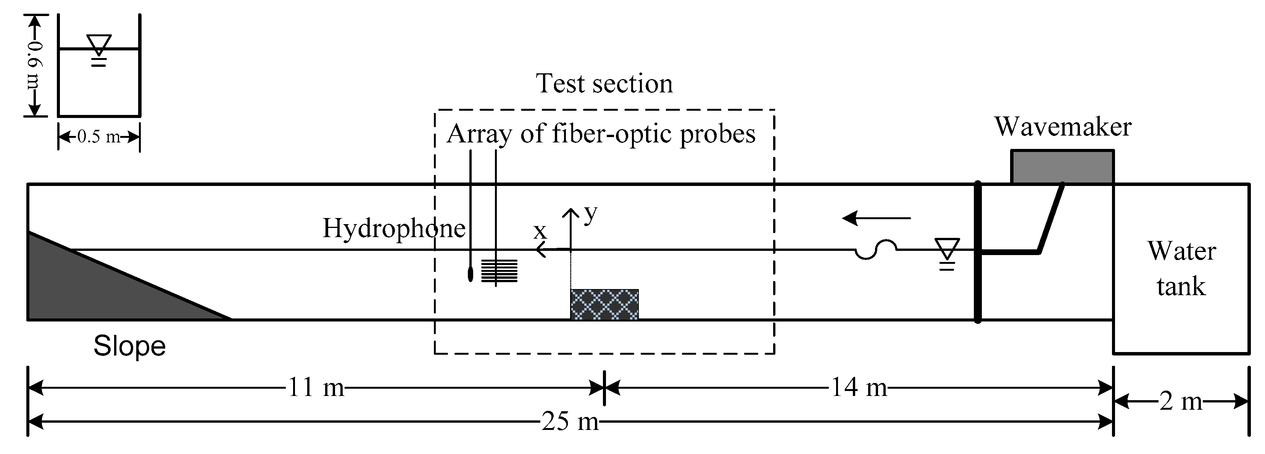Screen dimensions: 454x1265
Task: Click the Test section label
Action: point(604,84)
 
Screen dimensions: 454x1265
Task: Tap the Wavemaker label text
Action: point(1063,127)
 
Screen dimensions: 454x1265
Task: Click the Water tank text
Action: point(1181,269)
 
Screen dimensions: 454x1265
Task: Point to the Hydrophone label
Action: point(393,228)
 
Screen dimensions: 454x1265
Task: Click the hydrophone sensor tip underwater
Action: point(470,274)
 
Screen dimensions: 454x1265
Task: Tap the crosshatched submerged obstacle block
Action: point(604,305)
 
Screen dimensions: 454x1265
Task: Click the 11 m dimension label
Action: point(316,388)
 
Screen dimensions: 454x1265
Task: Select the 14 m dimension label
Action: point(859,388)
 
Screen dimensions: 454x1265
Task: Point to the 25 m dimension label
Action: point(570,422)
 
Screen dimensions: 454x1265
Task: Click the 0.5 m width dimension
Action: point(99,137)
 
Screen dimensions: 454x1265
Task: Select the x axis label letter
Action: point(540,231)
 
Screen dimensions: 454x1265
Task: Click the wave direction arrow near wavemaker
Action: point(877,218)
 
